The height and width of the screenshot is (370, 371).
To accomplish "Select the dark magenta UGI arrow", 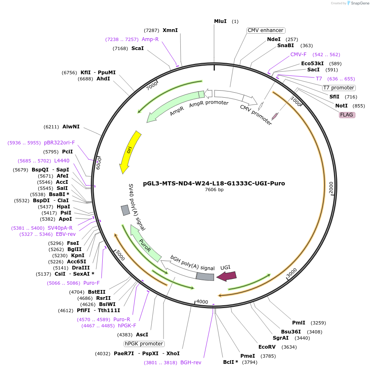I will pyautogui.click(x=226, y=276).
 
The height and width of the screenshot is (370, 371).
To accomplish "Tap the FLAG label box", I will pyautogui.click(x=346, y=115).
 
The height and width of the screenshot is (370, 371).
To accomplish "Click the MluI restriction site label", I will pyautogui.click(x=220, y=21).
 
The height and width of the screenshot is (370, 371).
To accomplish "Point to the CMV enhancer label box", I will pyautogui.click(x=266, y=30).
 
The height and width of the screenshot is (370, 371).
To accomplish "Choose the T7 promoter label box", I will pyautogui.click(x=339, y=88).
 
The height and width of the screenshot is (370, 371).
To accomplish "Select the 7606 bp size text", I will pyautogui.click(x=214, y=190).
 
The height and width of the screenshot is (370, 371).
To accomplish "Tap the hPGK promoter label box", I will pyautogui.click(x=144, y=344).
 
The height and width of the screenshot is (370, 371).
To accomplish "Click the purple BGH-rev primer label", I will pyautogui.click(x=191, y=362).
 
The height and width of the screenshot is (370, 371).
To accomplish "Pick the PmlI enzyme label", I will pyautogui.click(x=299, y=323).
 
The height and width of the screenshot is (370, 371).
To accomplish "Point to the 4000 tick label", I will pyautogui.click(x=202, y=301).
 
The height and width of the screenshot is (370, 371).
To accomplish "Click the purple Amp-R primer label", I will pyautogui.click(x=150, y=39).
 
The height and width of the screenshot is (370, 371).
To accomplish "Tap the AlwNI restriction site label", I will pyautogui.click(x=71, y=127).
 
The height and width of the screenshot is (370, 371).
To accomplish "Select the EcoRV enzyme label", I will pyautogui.click(x=267, y=347).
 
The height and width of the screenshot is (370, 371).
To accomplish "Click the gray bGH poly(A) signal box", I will pyautogui.click(x=205, y=276).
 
